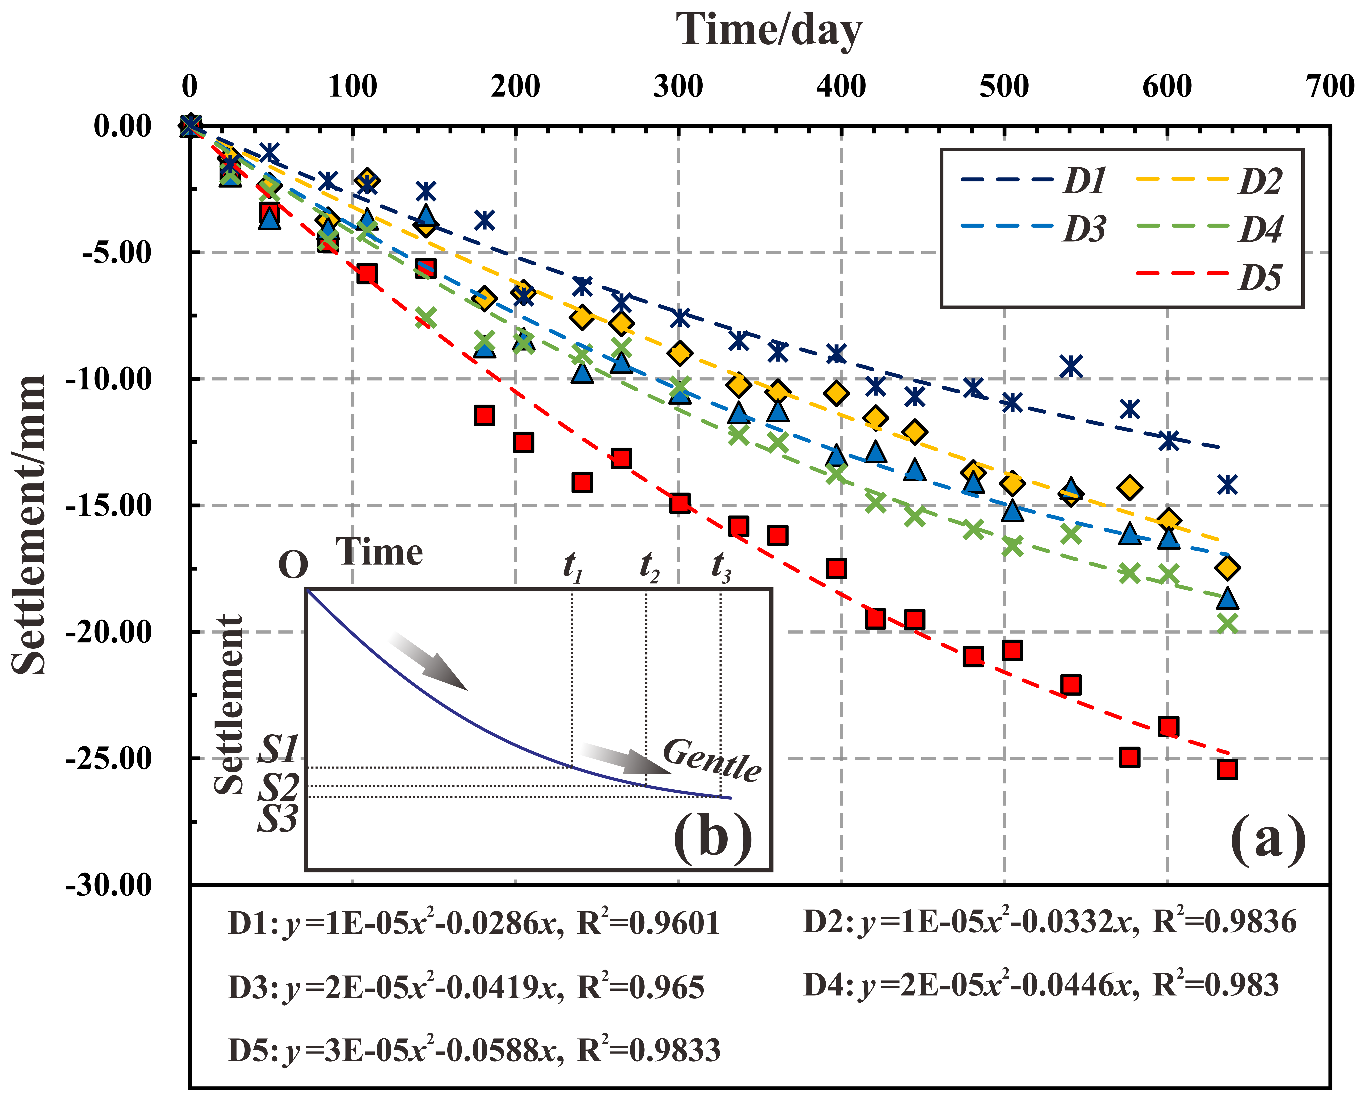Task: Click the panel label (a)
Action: pos(1268,839)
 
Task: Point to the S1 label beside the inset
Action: pos(278,749)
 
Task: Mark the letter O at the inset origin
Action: pos(293,564)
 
